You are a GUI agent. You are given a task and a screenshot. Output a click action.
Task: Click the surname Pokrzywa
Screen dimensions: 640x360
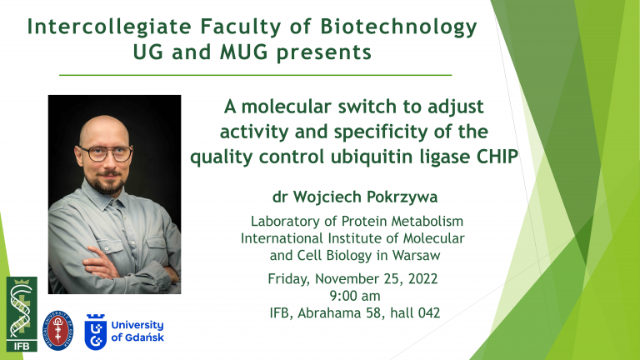tap(402, 197)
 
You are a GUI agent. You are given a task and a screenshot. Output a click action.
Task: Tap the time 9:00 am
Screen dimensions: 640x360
tap(355, 296)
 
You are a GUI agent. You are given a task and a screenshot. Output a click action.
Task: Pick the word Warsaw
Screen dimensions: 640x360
tap(416, 256)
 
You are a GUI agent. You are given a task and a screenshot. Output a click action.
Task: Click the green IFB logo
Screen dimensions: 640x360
tap(22, 314)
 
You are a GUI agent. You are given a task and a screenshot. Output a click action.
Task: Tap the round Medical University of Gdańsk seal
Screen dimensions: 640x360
tap(58, 330)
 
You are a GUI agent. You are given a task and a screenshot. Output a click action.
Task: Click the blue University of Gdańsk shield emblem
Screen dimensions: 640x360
tap(96, 332)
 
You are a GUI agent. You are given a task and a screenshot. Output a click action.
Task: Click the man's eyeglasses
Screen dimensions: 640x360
tap(106, 153)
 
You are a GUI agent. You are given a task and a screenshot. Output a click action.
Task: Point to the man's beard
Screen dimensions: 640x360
tap(107, 182)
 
